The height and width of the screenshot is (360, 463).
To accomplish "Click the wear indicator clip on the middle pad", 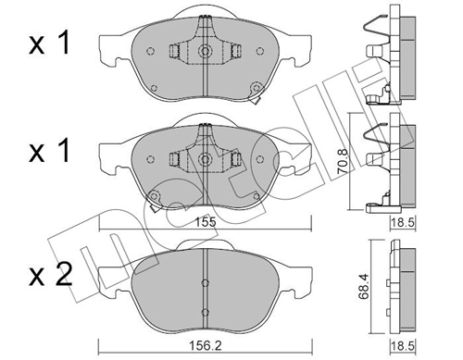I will pyautogui.click(x=155, y=196).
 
